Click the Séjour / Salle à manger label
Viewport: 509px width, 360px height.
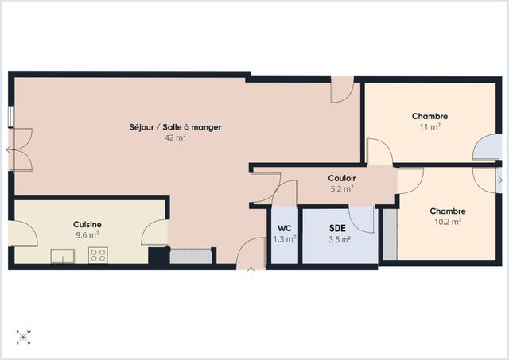[175, 126]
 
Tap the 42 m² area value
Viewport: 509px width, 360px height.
[175, 137]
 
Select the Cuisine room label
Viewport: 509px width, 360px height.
[87, 224]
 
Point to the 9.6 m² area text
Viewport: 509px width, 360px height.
[87, 235]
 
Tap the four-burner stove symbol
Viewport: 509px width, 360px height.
[99, 255]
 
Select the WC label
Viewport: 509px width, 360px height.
[284, 227]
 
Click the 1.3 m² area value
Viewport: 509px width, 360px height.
[284, 238]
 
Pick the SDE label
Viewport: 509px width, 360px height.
[337, 228]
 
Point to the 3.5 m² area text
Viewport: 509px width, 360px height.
[337, 239]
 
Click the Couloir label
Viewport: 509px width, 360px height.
[342, 179]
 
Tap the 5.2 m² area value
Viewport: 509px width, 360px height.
[342, 189]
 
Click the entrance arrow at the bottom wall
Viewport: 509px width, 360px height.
[251, 272]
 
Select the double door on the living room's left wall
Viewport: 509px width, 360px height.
[21, 149]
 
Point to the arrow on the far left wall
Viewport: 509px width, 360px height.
[8, 149]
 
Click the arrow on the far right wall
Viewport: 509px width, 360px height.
[499, 180]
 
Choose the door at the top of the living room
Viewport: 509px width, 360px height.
[342, 90]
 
